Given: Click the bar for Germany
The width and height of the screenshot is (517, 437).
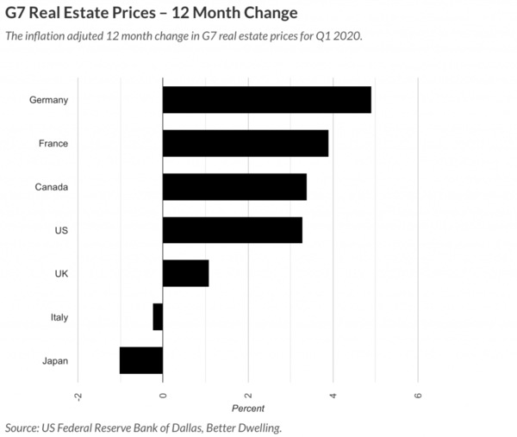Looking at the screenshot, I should click(x=266, y=100).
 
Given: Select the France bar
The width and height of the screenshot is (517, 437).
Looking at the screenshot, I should click(x=245, y=143).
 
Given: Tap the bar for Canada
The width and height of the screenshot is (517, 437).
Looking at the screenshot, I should click(x=234, y=187).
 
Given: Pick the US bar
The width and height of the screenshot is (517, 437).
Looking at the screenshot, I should click(x=232, y=230).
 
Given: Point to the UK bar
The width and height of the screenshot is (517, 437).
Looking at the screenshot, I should click(x=185, y=273).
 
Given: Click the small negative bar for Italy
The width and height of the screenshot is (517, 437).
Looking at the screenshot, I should click(x=158, y=317).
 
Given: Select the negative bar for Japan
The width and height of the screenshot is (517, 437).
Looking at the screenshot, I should click(x=141, y=360).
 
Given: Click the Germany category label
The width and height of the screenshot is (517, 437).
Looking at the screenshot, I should click(x=48, y=100).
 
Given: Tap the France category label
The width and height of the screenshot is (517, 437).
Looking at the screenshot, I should click(x=53, y=144).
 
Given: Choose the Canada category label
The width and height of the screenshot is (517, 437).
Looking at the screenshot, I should click(x=52, y=187).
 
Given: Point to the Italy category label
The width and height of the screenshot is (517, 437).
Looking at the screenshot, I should click(x=59, y=317).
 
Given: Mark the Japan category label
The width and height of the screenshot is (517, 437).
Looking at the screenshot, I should click(x=55, y=360).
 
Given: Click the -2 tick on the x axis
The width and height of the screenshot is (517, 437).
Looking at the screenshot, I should click(x=78, y=395).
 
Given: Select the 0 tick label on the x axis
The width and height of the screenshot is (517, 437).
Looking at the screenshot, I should click(x=163, y=395).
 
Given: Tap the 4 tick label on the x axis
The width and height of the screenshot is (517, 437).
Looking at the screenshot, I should click(x=333, y=395).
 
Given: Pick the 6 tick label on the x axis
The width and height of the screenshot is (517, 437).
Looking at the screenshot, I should click(x=419, y=395).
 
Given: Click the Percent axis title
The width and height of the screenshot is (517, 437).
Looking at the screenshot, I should click(x=248, y=408).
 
